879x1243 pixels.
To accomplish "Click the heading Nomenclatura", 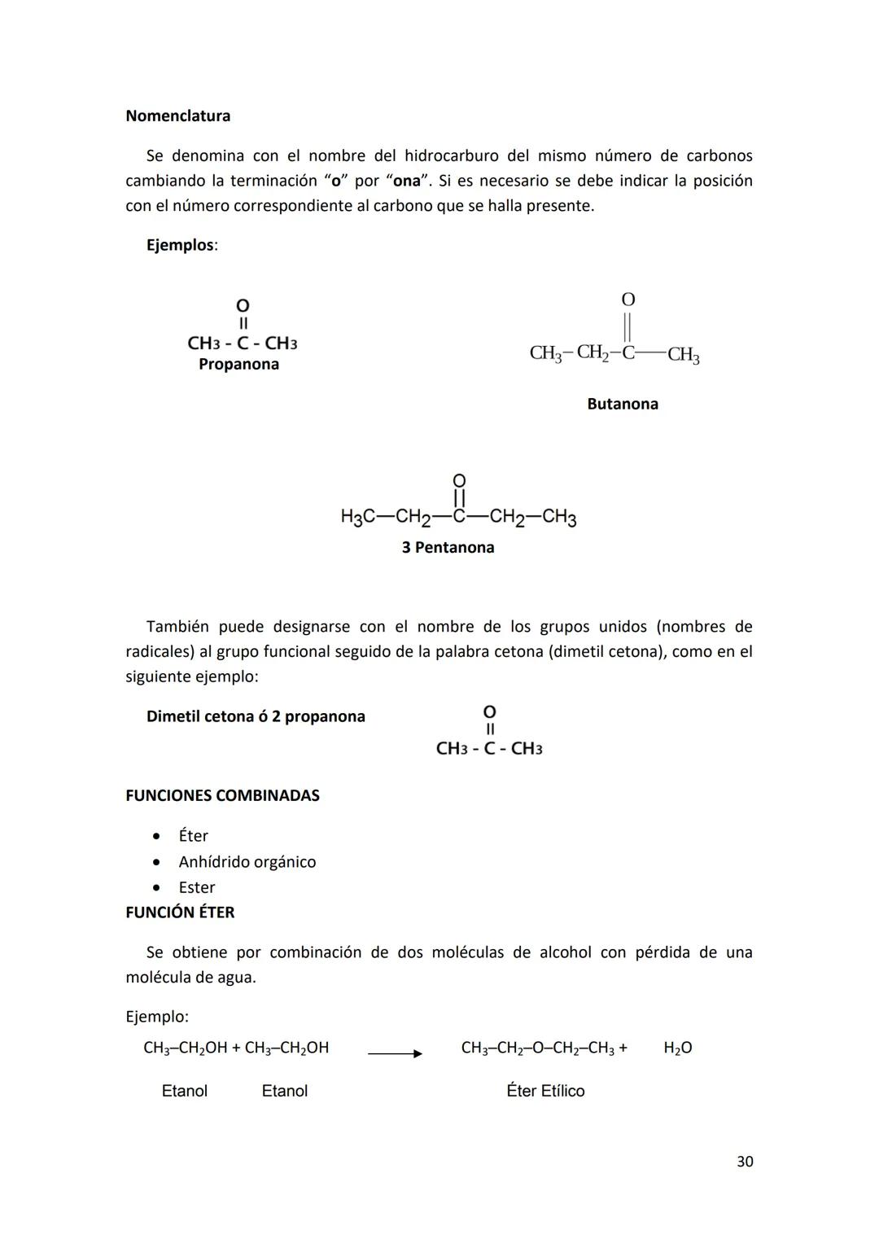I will click(x=177, y=116).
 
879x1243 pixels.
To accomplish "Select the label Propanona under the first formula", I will click(x=238, y=365).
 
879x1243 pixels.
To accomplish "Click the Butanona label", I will click(x=622, y=404).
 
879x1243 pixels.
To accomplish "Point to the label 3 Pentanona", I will click(x=448, y=548).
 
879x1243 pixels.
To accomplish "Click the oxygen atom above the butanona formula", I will click(x=628, y=300).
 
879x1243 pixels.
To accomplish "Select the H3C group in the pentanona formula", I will click(x=357, y=517).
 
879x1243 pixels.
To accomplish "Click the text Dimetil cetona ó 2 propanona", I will click(x=256, y=716).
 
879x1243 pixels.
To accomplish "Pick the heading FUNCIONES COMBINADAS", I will click(x=222, y=795).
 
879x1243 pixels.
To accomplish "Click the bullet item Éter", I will click(x=194, y=836).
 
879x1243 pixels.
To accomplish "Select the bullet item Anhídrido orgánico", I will click(x=247, y=862).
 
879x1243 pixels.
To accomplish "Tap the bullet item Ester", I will click(x=197, y=887).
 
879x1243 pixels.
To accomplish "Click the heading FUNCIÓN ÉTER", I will click(x=180, y=913).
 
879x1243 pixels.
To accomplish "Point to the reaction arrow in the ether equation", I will click(x=395, y=1053).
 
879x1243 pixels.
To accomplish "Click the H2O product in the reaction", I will click(x=677, y=1048).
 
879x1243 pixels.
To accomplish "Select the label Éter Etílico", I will click(x=545, y=1091).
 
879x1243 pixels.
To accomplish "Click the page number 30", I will click(x=744, y=1162).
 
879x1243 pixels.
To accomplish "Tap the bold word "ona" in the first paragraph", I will click(x=406, y=181).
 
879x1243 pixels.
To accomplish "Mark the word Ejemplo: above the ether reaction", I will click(x=157, y=1017).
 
